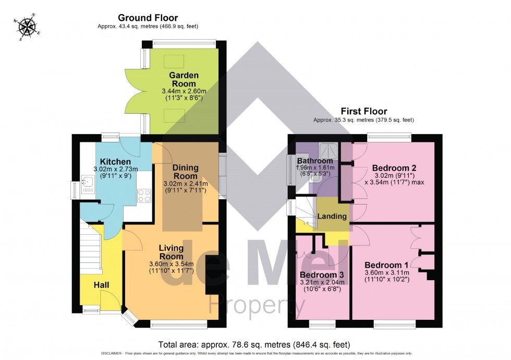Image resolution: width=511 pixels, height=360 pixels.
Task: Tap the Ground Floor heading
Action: point(148,18)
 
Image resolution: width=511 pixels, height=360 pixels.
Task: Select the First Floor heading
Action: point(363,111)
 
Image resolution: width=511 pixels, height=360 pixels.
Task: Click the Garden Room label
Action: point(182,79)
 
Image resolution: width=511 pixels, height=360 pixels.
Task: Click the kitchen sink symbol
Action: point(87,183)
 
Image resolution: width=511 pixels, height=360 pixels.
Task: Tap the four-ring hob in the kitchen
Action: point(144,196)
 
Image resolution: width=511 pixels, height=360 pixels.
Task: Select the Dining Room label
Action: point(186,172)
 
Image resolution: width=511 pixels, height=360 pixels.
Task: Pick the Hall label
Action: point(102,285)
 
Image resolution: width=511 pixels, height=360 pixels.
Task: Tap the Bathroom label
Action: point(315,161)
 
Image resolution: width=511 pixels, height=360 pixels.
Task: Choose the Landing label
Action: point(332,216)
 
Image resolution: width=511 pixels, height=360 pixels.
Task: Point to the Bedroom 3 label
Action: point(322,275)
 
